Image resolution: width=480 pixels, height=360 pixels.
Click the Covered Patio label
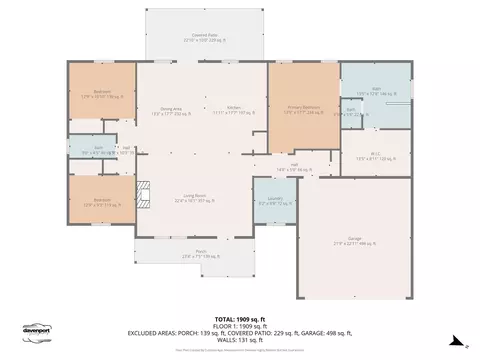point(205,38)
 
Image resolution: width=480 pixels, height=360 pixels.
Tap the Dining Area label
point(171,111)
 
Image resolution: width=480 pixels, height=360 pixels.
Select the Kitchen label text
point(234,111)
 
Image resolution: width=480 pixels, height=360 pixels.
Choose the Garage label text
point(355,239)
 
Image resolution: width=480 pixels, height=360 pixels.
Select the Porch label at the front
point(201,253)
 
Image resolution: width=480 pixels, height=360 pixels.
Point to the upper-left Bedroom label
point(102,95)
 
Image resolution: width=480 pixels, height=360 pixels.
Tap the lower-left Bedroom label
point(102,201)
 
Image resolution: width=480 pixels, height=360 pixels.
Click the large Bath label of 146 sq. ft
point(377,91)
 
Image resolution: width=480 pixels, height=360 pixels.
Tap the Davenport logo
point(37,333)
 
